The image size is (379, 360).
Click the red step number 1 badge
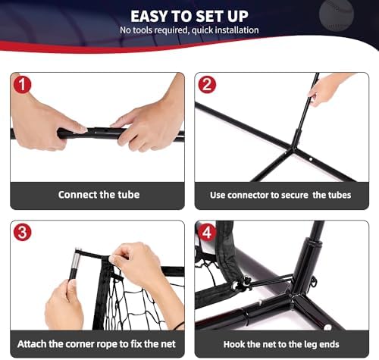tap(22, 85)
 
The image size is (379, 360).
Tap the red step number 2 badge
tap(207, 85)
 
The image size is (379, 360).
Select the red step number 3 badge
tap(23, 232)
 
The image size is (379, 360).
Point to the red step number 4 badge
tap(207, 232)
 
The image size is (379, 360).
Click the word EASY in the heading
tap(149, 17)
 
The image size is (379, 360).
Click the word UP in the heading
tap(238, 17)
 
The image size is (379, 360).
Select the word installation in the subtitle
tap(237, 30)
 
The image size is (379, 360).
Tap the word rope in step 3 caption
tap(108, 344)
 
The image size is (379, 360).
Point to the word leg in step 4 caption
tap(306, 345)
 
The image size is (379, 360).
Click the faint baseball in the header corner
tap(337, 16)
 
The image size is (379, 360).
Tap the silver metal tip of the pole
tap(77, 261)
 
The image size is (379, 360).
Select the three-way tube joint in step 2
tap(293, 149)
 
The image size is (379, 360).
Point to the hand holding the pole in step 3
tap(64, 305)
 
